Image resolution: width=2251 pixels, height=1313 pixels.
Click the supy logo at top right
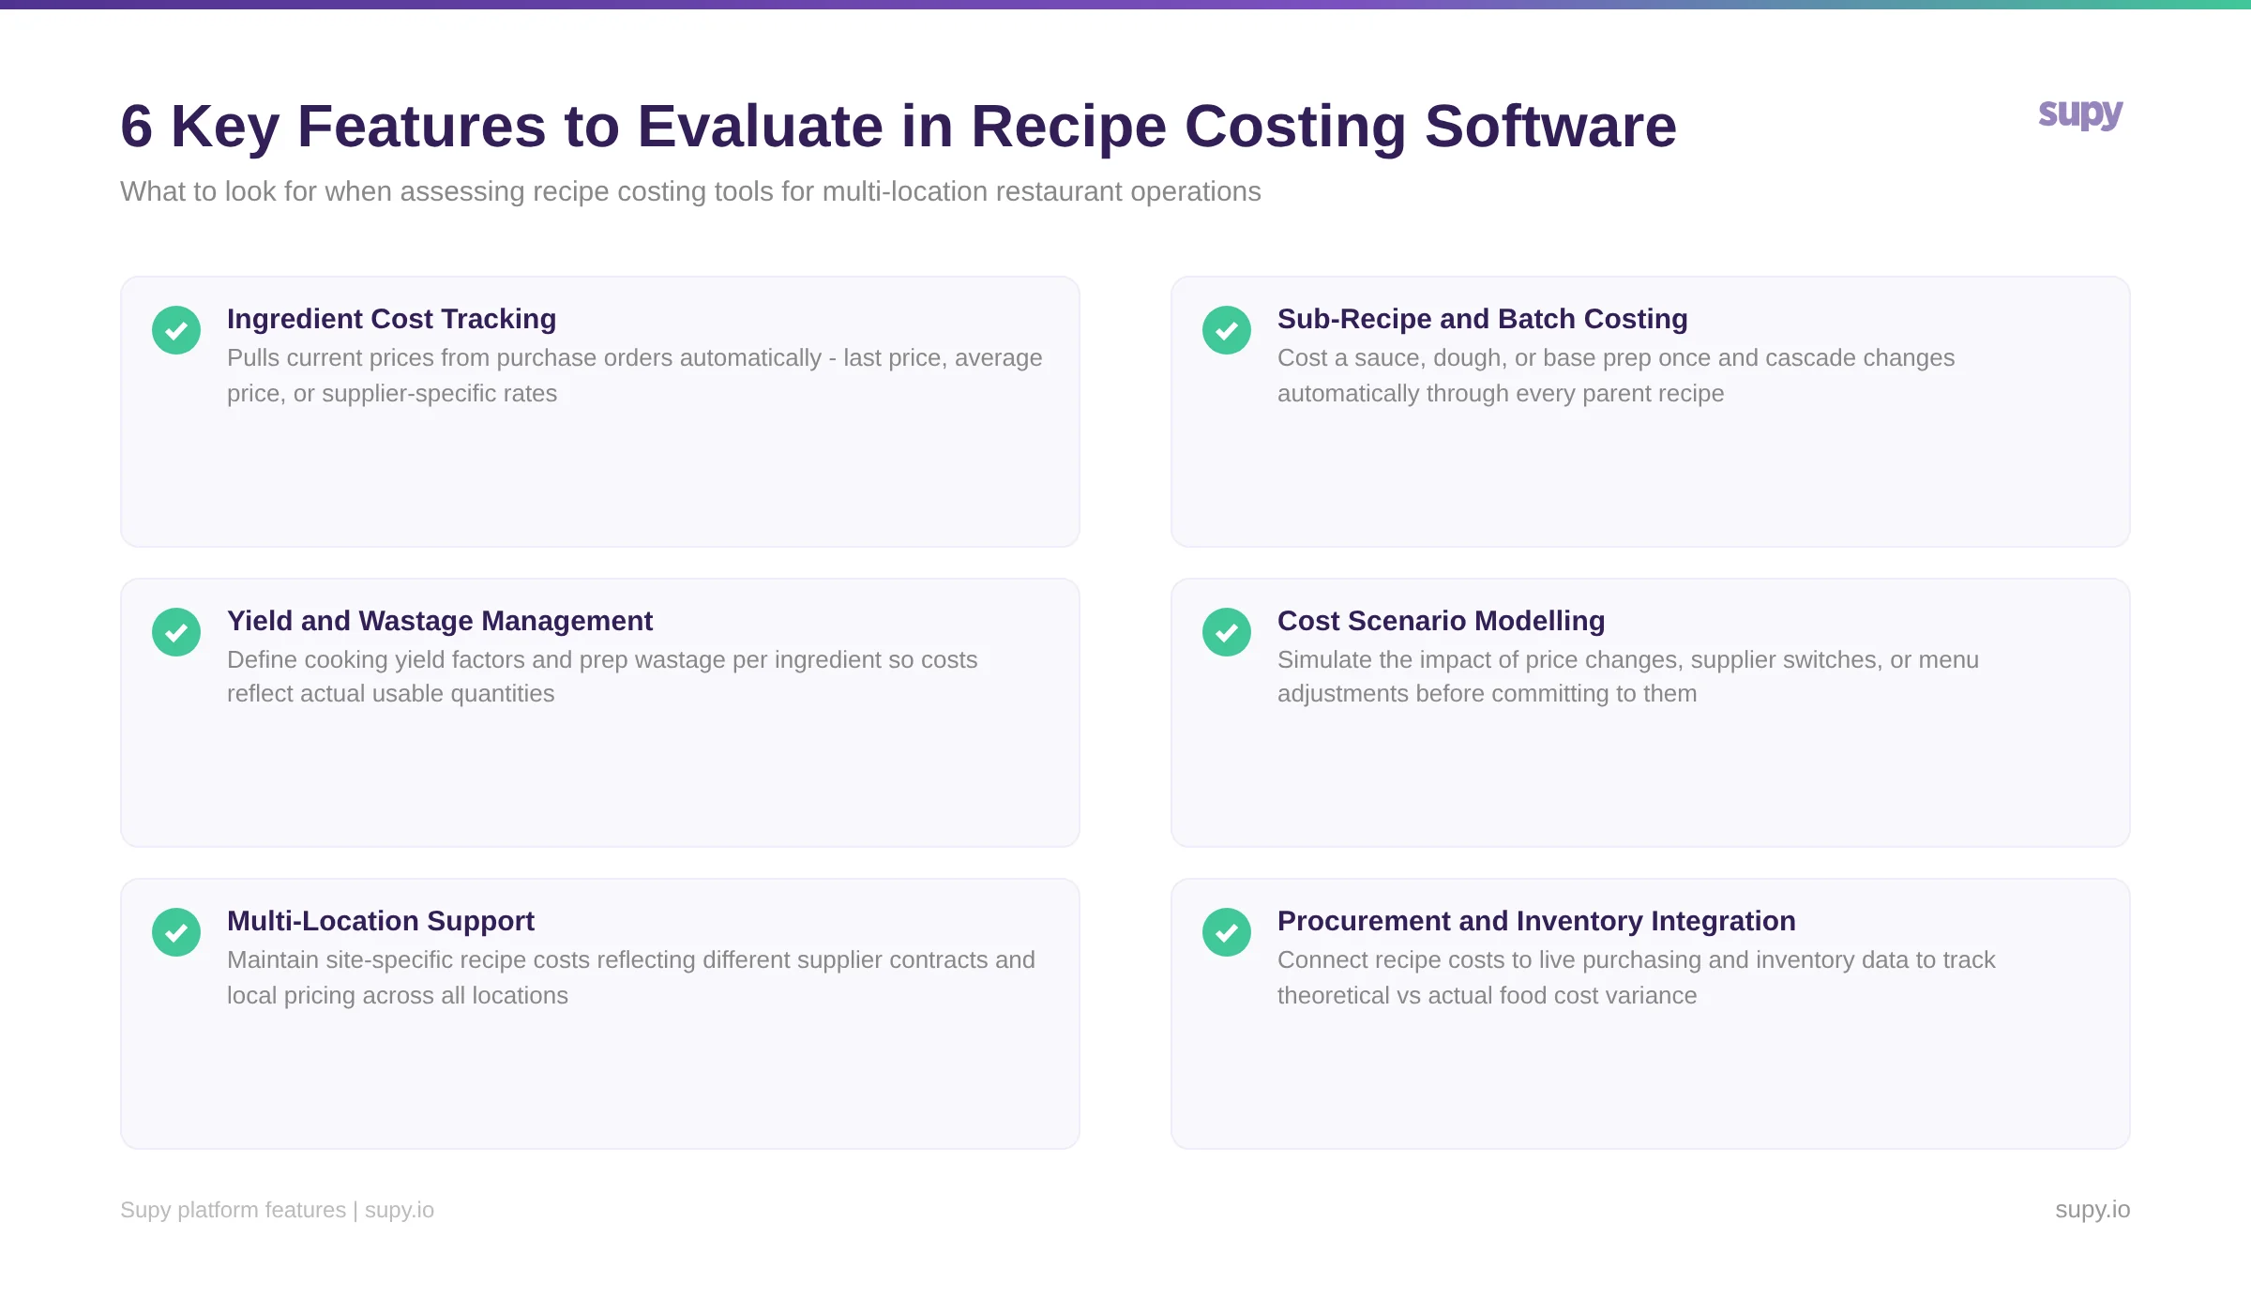click(2080, 114)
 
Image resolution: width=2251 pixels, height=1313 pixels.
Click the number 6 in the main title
click(137, 127)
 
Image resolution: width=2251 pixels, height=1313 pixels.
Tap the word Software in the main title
click(1550, 127)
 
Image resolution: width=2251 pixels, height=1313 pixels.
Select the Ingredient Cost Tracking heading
click(391, 319)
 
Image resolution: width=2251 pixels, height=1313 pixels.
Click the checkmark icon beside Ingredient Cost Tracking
click(176, 330)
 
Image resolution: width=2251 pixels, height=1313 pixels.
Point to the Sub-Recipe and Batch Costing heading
click(1482, 319)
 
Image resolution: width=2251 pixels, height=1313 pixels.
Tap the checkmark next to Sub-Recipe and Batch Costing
click(1227, 330)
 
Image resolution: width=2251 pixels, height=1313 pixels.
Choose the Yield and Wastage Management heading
click(439, 621)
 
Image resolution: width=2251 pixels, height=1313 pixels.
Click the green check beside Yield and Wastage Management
click(176, 632)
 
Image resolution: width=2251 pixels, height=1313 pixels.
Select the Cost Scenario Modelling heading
click(1441, 621)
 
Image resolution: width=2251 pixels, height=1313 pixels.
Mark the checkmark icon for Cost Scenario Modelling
click(1227, 632)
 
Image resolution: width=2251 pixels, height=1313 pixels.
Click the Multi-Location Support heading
click(380, 921)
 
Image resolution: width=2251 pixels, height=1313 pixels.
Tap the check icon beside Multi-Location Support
click(176, 932)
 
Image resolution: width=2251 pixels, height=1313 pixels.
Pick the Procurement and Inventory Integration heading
click(1536, 921)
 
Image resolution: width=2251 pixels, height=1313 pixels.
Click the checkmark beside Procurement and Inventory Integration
click(1227, 932)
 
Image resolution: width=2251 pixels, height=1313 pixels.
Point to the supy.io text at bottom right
click(2092, 1210)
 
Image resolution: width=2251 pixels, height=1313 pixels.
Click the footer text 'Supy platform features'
click(233, 1210)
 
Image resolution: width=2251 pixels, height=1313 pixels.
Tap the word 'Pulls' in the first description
click(253, 358)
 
